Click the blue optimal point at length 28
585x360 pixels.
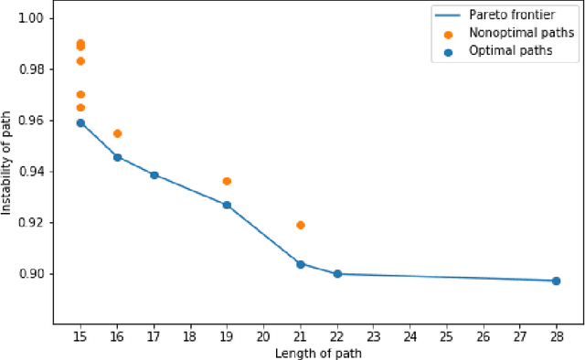pyautogui.click(x=556, y=281)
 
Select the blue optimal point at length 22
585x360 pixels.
pyautogui.click(x=337, y=273)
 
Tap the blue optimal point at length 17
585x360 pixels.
pyautogui.click(x=154, y=175)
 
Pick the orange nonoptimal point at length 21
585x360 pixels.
pyautogui.click(x=301, y=225)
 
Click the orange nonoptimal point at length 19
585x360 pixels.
pyautogui.click(x=227, y=181)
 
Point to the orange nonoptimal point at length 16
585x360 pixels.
pyautogui.click(x=117, y=133)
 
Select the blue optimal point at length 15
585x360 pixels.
pyautogui.click(x=80, y=122)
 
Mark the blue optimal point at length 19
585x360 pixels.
pyautogui.click(x=227, y=205)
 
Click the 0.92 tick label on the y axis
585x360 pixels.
pyautogui.click(x=37, y=223)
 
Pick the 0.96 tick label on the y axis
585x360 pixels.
pyautogui.click(x=37, y=121)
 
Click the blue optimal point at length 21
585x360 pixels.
pyautogui.click(x=301, y=264)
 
